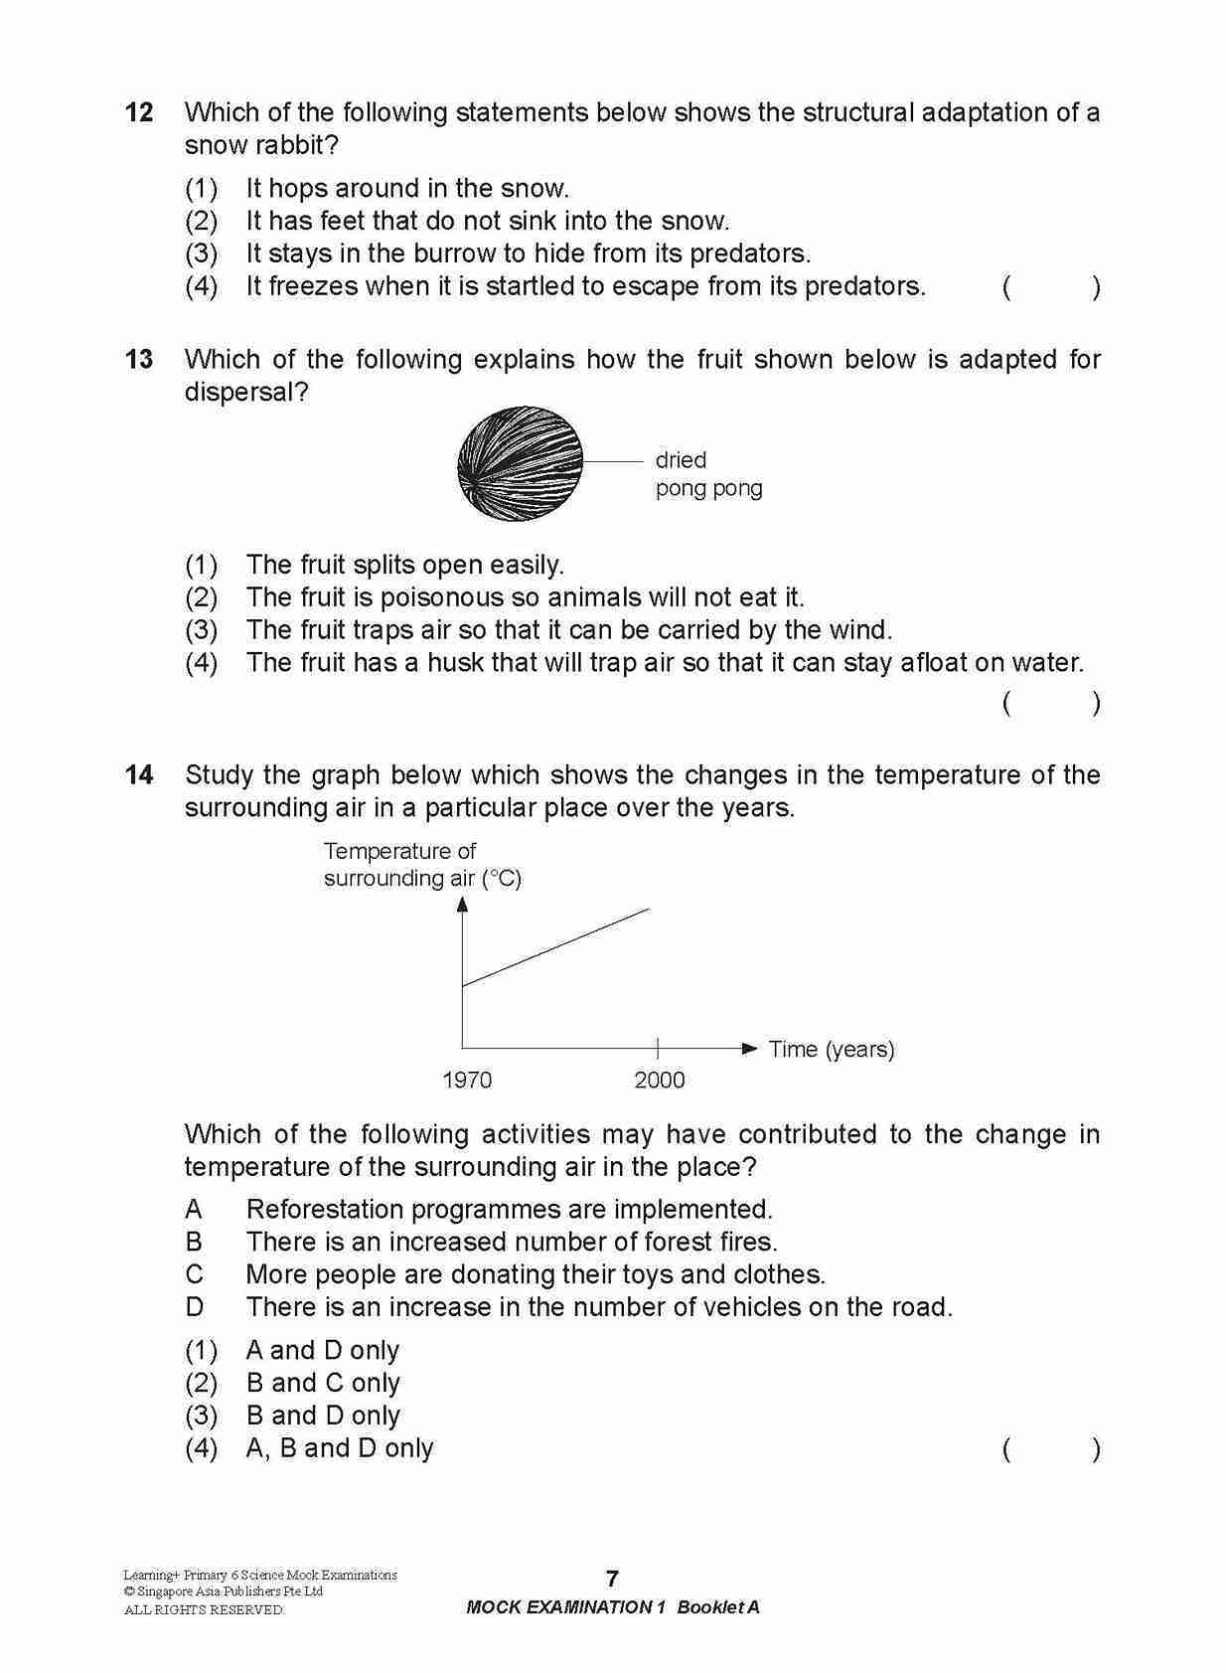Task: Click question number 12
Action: [x=139, y=112]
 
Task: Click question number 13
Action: [x=139, y=359]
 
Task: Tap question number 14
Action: [x=139, y=774]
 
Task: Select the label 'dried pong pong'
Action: [x=707, y=474]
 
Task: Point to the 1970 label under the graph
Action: [x=466, y=1080]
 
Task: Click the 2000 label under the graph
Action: [x=660, y=1080]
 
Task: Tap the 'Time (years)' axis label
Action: [x=832, y=1049]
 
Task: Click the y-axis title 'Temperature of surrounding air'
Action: [x=421, y=865]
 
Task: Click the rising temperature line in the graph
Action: [x=556, y=946]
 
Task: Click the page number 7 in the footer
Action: [x=612, y=1579]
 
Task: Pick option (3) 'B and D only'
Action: [x=322, y=1416]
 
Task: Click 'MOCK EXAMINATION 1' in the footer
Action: [x=564, y=1607]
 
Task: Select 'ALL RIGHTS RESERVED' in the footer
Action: [x=203, y=1609]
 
